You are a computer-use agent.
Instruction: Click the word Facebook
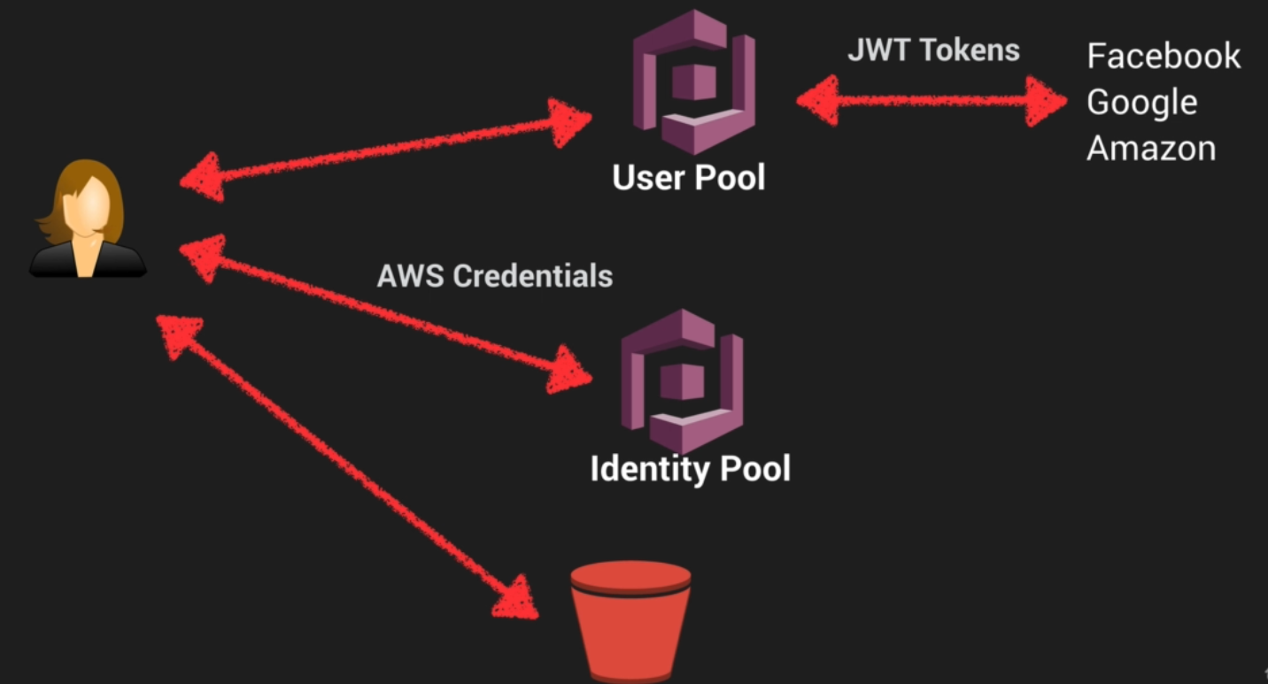(1163, 57)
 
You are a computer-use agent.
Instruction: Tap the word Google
(1141, 103)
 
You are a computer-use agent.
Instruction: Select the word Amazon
(1150, 148)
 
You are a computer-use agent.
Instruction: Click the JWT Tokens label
(933, 50)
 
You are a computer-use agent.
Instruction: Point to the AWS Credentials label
(494, 276)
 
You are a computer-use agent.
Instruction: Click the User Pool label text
(688, 178)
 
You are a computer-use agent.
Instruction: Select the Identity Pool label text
(690, 468)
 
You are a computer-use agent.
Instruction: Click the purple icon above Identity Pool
(682, 380)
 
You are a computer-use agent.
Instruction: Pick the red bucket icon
(630, 624)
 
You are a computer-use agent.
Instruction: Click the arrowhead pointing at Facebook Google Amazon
(1049, 101)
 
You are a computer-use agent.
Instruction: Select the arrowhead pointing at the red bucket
(517, 597)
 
